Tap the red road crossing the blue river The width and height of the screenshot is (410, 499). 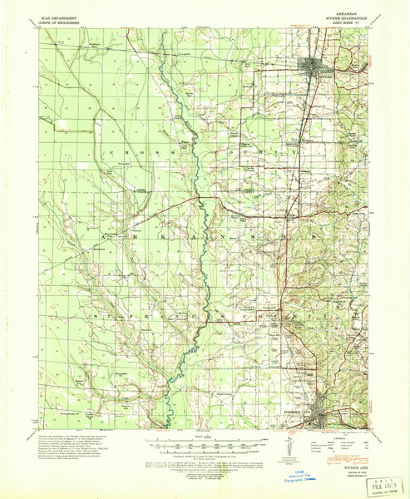coord(196,199)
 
